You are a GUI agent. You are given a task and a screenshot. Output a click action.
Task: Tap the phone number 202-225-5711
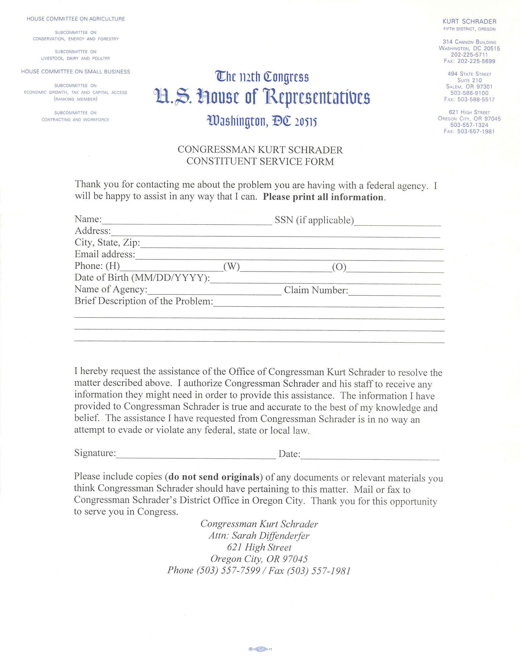(470, 55)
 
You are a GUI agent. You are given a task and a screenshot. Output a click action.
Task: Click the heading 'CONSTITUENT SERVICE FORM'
(260, 161)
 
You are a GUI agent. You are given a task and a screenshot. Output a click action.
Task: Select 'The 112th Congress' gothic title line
(262, 77)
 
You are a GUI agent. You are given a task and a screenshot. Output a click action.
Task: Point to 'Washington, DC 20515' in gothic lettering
(262, 122)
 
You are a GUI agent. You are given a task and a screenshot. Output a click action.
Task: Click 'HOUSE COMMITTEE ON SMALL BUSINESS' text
(76, 72)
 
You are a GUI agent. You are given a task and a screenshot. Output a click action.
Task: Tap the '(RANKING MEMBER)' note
(76, 99)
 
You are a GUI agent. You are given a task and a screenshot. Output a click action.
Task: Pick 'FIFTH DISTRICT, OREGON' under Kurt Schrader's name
(470, 29)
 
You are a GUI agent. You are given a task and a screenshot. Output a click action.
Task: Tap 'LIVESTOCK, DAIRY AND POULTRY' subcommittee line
(76, 58)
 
